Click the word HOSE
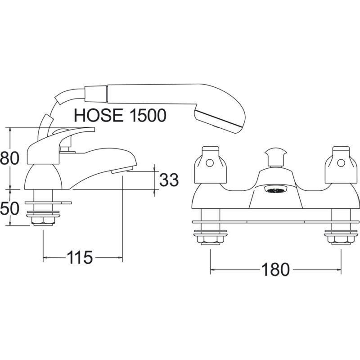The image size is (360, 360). click(x=99, y=115)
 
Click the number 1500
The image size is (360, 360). click(x=148, y=115)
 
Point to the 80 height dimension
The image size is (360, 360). click(x=9, y=158)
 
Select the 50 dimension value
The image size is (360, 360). click(x=9, y=208)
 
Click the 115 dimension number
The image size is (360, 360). click(x=80, y=257)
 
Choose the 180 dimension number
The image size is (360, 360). click(x=275, y=270)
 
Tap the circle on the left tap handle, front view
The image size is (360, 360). click(x=210, y=163)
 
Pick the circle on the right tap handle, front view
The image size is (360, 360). click(x=341, y=163)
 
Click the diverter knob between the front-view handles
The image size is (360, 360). click(x=275, y=157)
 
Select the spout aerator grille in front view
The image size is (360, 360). click(x=275, y=190)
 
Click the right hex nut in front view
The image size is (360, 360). click(x=341, y=240)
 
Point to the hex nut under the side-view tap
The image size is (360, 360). click(x=43, y=221)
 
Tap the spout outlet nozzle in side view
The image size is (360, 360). click(x=121, y=171)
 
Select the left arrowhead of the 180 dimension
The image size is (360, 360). click(x=212, y=270)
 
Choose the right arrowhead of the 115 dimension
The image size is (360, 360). click(x=120, y=257)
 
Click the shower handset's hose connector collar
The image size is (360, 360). click(x=96, y=94)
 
